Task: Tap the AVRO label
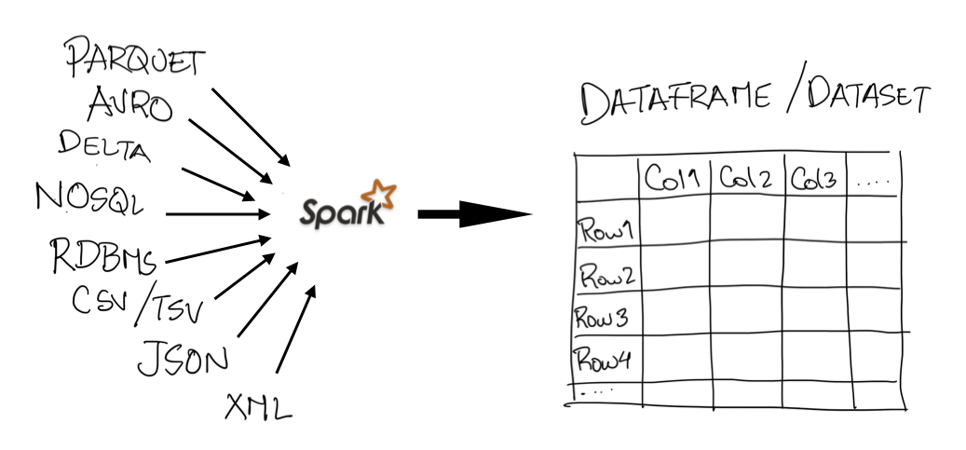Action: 129,104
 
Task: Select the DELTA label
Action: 103,146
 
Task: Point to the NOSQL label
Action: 89,198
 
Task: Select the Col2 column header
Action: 745,178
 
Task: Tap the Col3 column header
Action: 814,178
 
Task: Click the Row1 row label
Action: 605,229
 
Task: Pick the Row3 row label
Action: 604,318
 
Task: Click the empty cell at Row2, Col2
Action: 746,267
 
